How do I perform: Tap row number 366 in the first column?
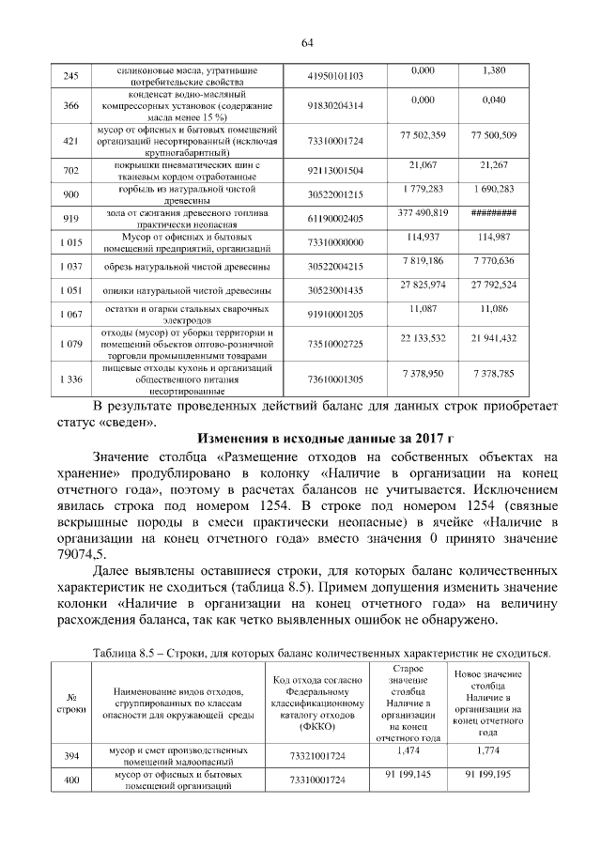[70, 107]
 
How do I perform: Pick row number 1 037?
[70, 267]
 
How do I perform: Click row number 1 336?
[70, 379]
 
